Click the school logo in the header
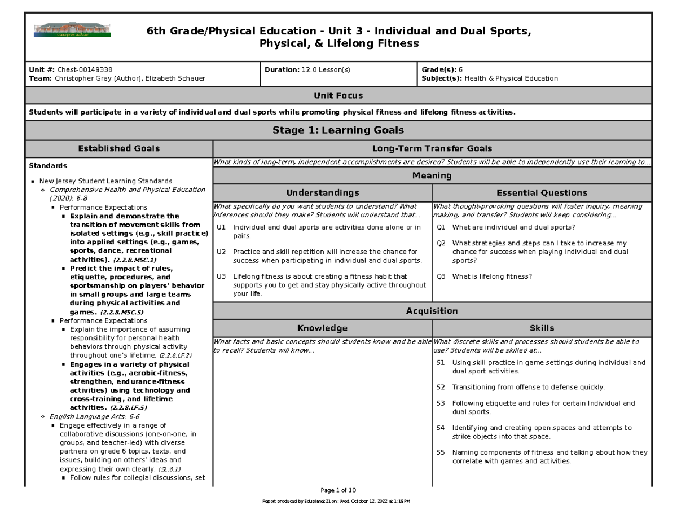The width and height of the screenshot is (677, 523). [x=73, y=30]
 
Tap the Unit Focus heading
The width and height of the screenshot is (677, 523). [x=338, y=95]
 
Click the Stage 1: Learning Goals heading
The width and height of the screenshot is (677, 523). [x=338, y=130]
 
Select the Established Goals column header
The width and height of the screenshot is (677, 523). [x=119, y=148]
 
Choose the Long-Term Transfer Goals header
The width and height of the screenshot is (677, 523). [x=432, y=148]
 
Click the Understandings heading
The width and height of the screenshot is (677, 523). [x=322, y=192]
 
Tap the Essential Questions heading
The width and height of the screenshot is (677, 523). [x=542, y=192]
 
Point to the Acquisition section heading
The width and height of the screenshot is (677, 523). [x=432, y=311]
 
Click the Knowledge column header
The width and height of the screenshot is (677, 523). [x=322, y=328]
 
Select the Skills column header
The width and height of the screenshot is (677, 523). [x=542, y=328]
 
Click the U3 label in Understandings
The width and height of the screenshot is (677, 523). [x=221, y=276]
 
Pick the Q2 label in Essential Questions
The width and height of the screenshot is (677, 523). [x=441, y=243]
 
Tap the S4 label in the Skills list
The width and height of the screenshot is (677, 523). [x=441, y=428]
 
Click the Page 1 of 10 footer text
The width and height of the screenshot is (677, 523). [x=338, y=490]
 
